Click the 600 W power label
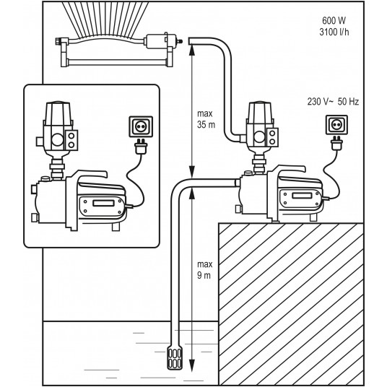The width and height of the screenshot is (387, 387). point(334,21)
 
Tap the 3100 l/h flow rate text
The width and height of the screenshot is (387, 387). point(334,32)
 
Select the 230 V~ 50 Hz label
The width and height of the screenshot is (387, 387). point(333,101)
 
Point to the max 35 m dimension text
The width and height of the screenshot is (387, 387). point(206,119)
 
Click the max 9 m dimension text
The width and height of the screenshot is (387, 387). point(204,270)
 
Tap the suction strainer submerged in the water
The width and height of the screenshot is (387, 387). point(175,357)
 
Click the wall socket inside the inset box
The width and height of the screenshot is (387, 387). point(141,126)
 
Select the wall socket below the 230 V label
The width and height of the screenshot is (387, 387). point(336,125)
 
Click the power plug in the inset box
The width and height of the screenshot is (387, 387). point(141,146)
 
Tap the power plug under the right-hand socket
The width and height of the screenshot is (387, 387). point(336,144)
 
